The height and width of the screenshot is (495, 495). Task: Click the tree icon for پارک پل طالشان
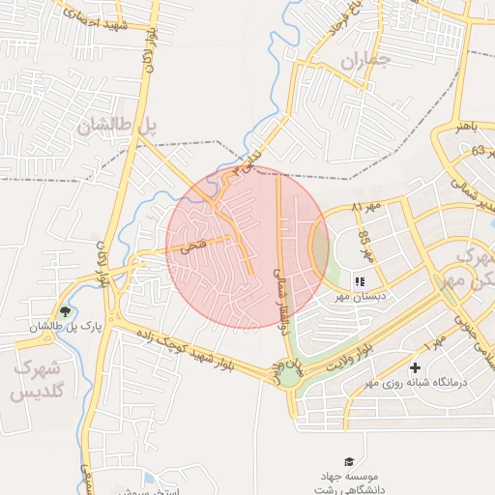[65, 311]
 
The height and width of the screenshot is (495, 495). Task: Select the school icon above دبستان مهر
[360, 281]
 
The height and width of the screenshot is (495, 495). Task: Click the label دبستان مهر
[359, 299]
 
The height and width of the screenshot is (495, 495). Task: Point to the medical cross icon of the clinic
[416, 367]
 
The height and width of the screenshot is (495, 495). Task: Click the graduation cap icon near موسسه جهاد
[348, 462]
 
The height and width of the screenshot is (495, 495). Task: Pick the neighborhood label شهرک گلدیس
[36, 381]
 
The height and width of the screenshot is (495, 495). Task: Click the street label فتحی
[194, 247]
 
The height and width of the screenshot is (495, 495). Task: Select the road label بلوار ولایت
[342, 352]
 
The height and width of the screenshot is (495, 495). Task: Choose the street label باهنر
[462, 125]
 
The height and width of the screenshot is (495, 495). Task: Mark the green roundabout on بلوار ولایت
[291, 374]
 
